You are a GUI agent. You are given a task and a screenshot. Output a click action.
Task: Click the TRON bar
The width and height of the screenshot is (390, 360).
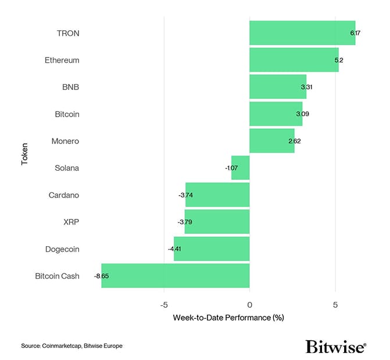pos(302,33)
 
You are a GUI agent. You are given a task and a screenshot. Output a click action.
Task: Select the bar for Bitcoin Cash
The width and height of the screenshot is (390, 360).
pos(176,276)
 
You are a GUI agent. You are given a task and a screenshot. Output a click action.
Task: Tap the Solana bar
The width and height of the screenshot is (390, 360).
pos(241,168)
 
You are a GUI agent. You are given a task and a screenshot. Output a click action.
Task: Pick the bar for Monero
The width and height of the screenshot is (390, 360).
pos(272,141)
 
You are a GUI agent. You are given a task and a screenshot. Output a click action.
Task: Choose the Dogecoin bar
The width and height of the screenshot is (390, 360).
pos(212,249)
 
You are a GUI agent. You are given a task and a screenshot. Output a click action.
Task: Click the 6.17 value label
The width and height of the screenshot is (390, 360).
pos(355,33)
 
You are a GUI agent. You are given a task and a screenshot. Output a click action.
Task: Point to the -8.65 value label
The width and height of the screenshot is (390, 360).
pos(101,276)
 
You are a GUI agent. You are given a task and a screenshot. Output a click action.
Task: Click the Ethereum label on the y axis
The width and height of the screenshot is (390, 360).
pos(62,60)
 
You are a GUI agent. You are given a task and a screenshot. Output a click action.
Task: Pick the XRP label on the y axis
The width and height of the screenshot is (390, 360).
pos(71,222)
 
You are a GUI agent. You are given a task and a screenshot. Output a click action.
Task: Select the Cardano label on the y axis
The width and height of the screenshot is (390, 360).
pos(64,195)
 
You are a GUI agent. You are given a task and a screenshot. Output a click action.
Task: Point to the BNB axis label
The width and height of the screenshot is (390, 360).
pos(70,87)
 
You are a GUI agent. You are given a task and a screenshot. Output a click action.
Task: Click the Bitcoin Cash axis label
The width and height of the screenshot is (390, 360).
pos(57,276)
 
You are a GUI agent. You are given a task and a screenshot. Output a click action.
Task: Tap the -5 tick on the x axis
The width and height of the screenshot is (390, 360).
pos(164,305)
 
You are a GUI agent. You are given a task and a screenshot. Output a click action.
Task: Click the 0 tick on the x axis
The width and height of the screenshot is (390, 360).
pos(249,305)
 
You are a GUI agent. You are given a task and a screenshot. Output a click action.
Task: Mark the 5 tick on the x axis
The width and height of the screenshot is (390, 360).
pos(335,305)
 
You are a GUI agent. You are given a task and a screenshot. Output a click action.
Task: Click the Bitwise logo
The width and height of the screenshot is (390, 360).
pos(335,347)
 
